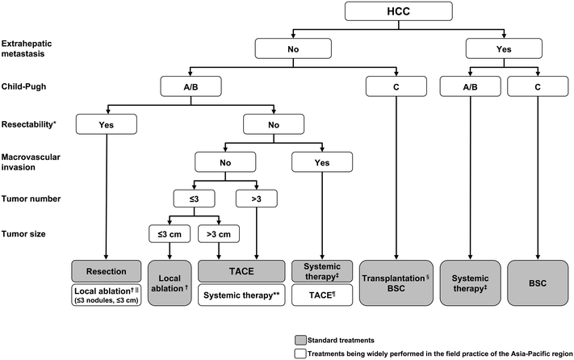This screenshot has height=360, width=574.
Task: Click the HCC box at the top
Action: point(391,12)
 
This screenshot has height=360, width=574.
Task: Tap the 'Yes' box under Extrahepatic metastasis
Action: point(505,48)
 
